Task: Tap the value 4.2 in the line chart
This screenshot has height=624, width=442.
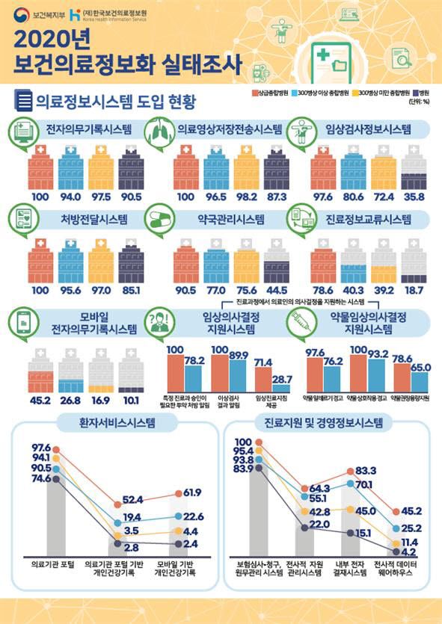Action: tap(394, 551)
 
